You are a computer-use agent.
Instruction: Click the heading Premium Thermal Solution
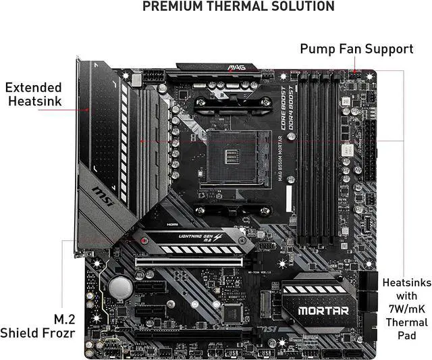tap(238, 7)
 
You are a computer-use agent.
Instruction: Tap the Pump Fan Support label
tap(356, 49)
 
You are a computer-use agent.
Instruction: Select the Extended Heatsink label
tap(33, 95)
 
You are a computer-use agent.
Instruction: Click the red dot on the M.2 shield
tap(144, 240)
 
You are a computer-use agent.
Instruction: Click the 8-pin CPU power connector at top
tap(149, 80)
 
